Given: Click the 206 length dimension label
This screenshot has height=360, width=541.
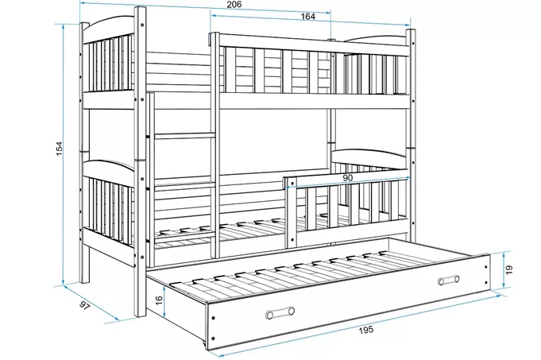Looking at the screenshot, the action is tap(234, 5).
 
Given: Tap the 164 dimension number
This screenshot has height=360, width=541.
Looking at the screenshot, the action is tap(307, 17).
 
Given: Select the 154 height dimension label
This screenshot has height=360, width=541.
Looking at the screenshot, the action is tap(60, 148).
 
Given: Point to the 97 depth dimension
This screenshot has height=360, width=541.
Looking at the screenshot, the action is tap(84, 304).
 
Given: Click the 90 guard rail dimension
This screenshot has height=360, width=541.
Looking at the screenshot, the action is tap(348, 178).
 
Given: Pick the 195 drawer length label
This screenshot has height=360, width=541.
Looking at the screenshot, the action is tap(365, 330).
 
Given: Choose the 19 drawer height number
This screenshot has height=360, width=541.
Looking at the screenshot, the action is tap(509, 269).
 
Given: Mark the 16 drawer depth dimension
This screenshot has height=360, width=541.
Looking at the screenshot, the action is tap(159, 300).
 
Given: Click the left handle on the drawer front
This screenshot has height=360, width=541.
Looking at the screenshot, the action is tap(280, 312).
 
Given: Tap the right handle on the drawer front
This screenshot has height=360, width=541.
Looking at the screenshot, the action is tap(448, 280).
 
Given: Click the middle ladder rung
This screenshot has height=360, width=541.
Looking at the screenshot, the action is tap(183, 137).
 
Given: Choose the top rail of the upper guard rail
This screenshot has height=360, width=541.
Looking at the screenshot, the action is tap(314, 45).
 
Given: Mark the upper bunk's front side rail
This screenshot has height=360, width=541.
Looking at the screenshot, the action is tap(314, 102).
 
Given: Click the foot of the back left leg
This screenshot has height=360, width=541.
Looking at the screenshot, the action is tap(84, 281).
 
